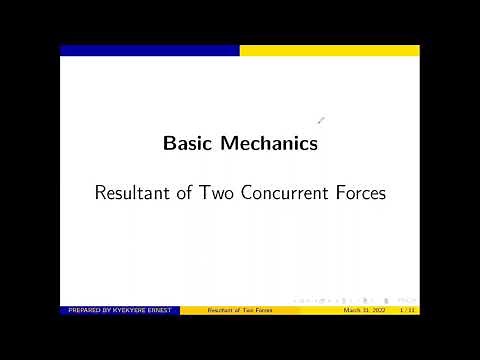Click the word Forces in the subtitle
[x=360, y=193]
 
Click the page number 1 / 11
[x=407, y=311]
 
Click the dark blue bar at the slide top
[x=150, y=50]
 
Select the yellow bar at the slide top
[x=330, y=50]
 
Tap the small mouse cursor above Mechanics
[x=321, y=121]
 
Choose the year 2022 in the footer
[x=376, y=311]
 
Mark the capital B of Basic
[x=169, y=143]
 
